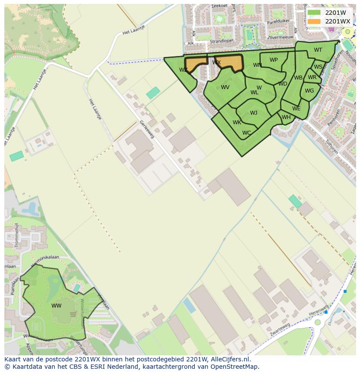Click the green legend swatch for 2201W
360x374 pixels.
pos(314,13)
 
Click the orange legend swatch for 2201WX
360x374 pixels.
pos(314,21)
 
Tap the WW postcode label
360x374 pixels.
pos(57,306)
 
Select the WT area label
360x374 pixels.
pos(318,50)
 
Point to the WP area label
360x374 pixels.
pos(273,60)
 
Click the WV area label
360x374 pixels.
pos(225,87)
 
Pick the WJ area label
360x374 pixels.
pos(253,113)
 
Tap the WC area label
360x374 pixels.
pos(247,133)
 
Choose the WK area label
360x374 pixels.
pos(237,122)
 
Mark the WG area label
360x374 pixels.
pos(309,91)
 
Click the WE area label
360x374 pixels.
pos(296,109)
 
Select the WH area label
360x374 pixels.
pos(286,117)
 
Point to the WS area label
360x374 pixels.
pos(318,67)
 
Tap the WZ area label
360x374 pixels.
pos(183,70)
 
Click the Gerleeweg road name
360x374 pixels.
pos(147,129)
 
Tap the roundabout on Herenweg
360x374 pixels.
pos(318,322)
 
